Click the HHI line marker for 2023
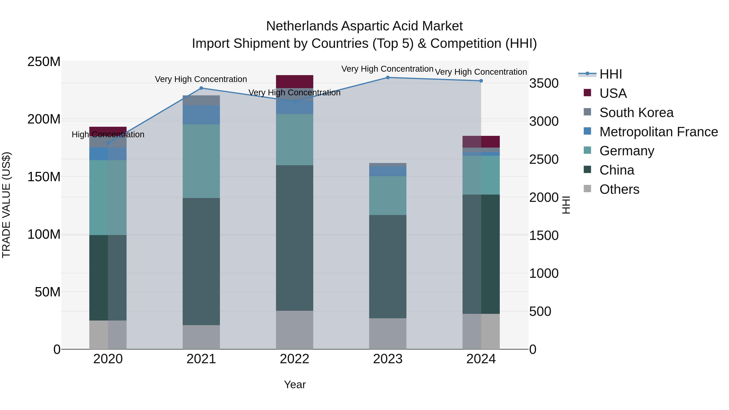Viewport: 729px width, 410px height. click(388, 78)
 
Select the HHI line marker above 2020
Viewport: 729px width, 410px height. click(108, 143)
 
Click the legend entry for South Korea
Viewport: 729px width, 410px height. click(636, 113)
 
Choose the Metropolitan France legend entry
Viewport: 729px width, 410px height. click(658, 132)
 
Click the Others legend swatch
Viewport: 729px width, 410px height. click(587, 189)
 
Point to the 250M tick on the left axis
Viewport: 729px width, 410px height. click(44, 62)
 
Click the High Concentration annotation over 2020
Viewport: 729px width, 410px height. click(108, 134)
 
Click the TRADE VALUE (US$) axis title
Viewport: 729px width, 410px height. click(6, 205)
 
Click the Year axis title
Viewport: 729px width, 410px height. click(295, 384)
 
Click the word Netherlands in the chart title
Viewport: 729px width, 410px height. click(302, 26)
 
